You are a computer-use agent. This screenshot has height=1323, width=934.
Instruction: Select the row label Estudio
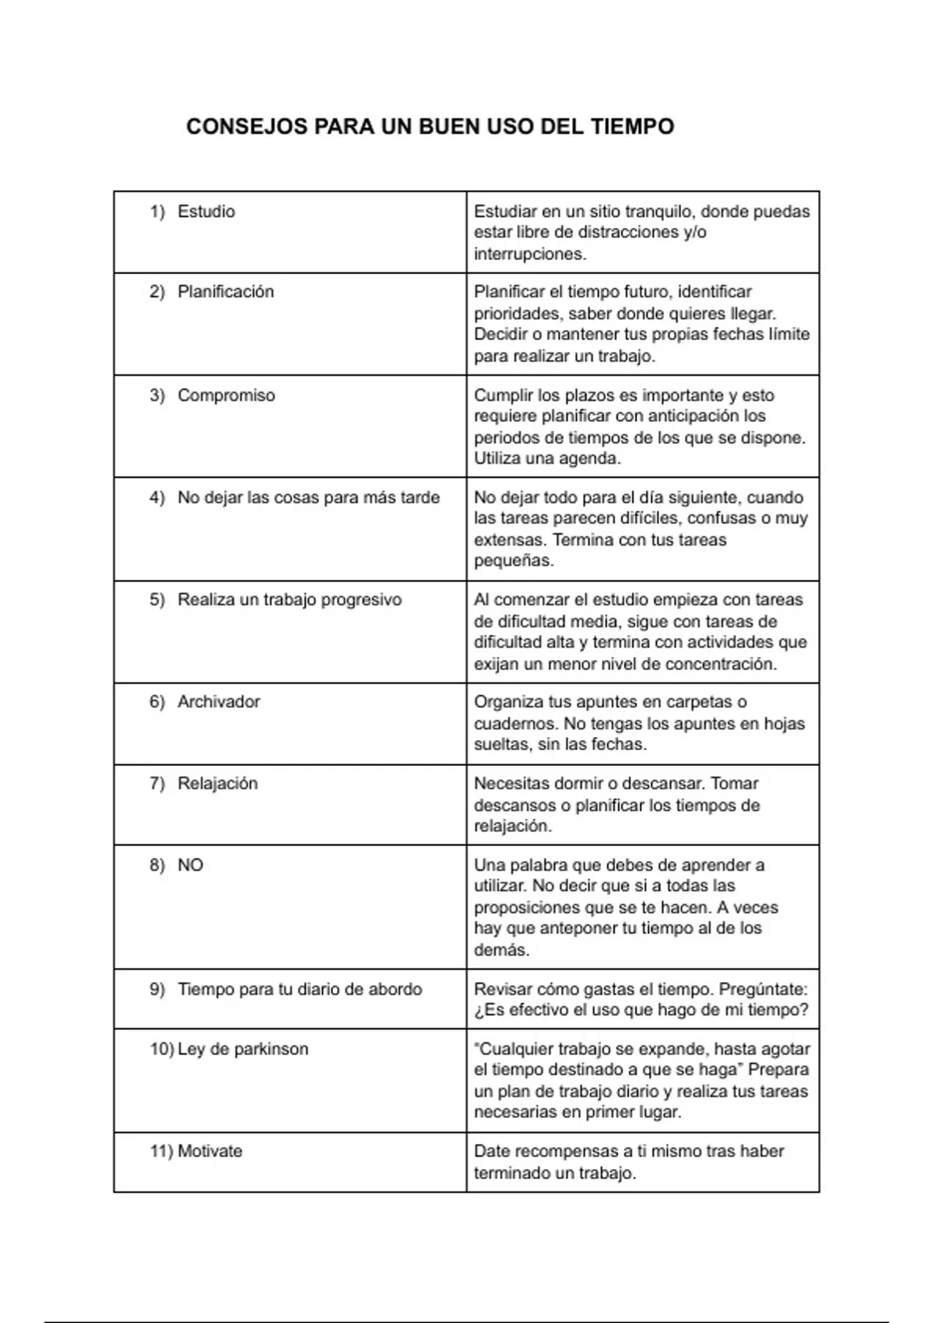pos(206,212)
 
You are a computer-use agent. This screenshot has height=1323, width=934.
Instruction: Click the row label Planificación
pos(226,292)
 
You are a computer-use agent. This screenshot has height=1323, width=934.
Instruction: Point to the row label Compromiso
pos(226,395)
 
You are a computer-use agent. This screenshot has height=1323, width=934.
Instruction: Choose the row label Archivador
pos(219,702)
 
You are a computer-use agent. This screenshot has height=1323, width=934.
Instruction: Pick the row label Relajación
pos(217,784)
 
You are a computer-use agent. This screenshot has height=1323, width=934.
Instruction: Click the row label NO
pos(190,865)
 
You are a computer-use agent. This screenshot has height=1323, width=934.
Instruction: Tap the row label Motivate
pos(209,1151)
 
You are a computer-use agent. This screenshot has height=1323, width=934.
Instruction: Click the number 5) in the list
pos(157,600)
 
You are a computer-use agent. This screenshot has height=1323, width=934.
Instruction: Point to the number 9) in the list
pos(157,990)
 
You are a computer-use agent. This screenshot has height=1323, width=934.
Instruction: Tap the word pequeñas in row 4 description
pos(513,561)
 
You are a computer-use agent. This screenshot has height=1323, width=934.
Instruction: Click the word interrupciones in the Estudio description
pos(529,254)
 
